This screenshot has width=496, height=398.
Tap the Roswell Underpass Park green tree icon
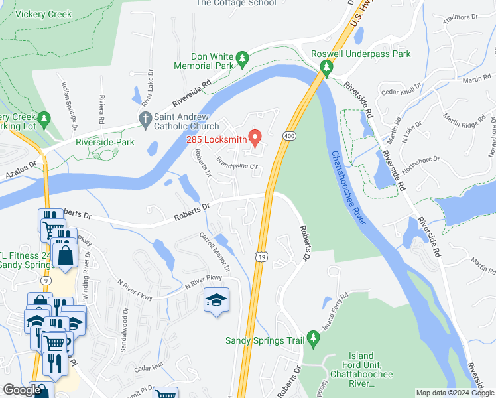326,67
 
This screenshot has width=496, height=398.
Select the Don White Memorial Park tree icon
243,60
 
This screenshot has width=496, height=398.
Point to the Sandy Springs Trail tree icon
314,341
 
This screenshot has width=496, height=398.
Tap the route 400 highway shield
288,135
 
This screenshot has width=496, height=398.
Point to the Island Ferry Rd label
334,311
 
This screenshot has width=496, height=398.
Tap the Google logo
22,390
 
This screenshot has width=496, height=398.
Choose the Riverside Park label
105,142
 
